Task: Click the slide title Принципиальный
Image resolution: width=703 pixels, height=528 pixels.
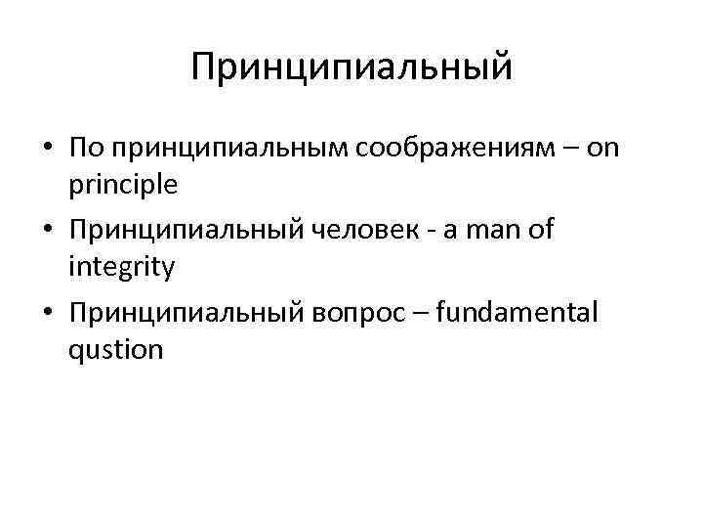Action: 351,68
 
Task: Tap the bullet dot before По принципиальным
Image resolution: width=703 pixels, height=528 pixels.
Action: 47,148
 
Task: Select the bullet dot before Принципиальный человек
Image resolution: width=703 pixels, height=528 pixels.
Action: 47,230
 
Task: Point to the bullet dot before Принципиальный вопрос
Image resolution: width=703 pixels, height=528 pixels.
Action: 47,312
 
